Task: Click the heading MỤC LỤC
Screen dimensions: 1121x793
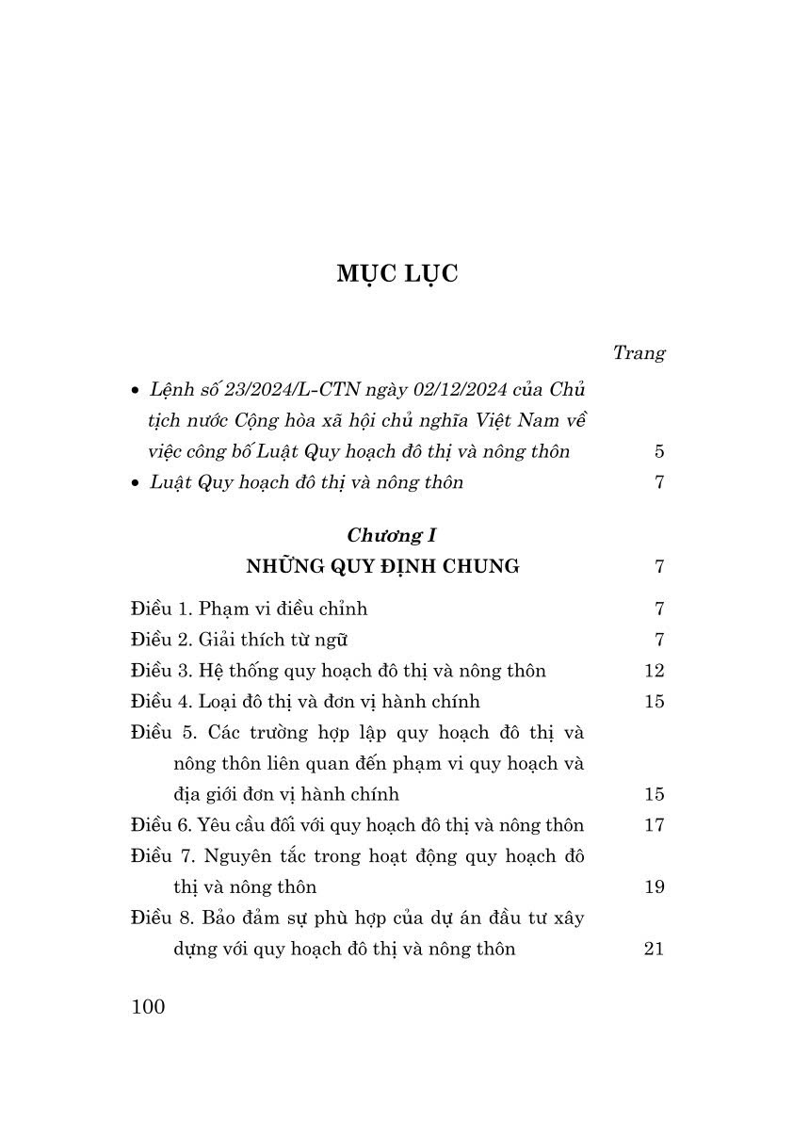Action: [396, 274]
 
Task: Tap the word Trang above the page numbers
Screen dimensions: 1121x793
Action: [639, 353]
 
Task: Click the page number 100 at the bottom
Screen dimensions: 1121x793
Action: [149, 1006]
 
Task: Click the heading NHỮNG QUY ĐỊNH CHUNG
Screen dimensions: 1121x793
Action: [382, 566]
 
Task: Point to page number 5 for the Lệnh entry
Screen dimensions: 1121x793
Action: [659, 451]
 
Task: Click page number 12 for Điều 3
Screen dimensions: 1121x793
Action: [654, 671]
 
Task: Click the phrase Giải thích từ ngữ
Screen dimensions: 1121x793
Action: [273, 640]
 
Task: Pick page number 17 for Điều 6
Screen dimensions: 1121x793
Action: [654, 825]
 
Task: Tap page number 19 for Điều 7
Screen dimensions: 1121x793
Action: [654, 887]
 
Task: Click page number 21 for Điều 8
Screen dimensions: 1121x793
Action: [654, 950]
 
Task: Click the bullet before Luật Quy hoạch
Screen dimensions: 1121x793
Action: [137, 483]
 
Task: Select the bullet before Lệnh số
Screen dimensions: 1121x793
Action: [137, 390]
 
